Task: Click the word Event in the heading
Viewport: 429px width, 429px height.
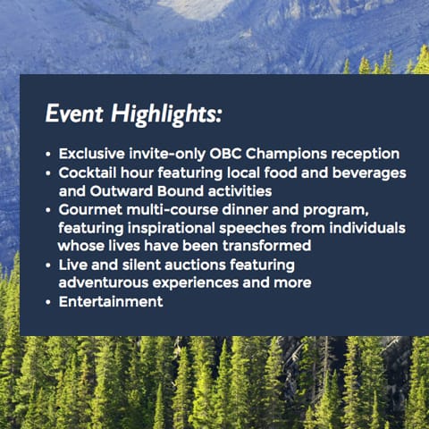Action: coord(74,114)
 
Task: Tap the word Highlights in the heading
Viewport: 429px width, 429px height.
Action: coord(166,115)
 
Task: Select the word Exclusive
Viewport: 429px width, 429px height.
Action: coord(92,154)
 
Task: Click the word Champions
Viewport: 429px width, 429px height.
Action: coord(286,155)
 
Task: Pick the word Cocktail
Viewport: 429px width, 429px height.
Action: coord(88,172)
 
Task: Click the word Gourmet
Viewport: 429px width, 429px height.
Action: coord(90,210)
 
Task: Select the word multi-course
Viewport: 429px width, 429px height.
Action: coord(172,210)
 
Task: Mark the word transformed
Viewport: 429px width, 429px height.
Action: coord(267,246)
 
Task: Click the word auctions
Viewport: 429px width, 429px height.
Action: coord(195,265)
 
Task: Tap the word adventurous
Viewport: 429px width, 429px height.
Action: coord(104,283)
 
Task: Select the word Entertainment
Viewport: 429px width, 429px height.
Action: coord(111,301)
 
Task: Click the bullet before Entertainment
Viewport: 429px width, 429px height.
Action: coord(48,302)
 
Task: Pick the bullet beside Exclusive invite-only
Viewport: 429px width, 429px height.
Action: coord(48,155)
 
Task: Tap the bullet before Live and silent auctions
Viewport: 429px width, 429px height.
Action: coord(48,265)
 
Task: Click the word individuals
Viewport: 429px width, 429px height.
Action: coord(367,228)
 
